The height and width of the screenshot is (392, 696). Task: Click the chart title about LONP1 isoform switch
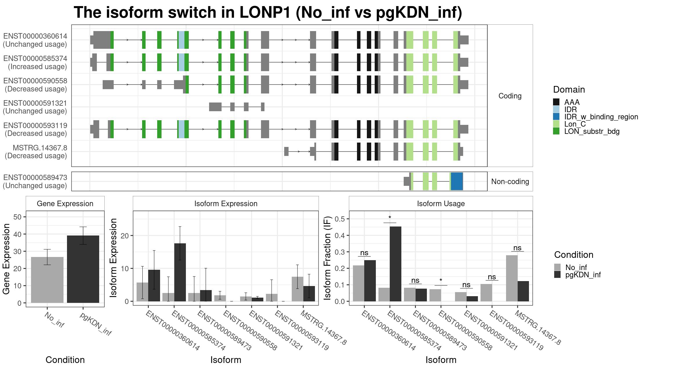tap(268, 13)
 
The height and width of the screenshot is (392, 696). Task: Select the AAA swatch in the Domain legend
tap(556, 102)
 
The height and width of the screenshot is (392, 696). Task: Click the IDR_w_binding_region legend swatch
tap(556, 116)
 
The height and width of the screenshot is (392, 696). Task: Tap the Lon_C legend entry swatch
tap(556, 124)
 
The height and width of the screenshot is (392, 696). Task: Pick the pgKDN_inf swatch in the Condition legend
tap(557, 275)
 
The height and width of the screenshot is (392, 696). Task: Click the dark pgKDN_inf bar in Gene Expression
tap(83, 269)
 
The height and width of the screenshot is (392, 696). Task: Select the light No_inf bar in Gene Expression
tap(47, 280)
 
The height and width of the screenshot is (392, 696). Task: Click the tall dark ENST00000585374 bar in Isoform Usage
tap(396, 264)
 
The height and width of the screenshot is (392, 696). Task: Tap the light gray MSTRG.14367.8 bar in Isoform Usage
tap(512, 278)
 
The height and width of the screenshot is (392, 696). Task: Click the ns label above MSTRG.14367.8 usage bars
tap(517, 248)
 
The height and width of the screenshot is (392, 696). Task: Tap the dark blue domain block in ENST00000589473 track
tap(457, 181)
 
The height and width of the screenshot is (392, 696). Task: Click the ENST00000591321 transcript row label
tap(35, 107)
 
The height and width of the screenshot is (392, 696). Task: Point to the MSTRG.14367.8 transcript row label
tap(36, 152)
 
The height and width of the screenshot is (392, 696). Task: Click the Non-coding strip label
tap(510, 181)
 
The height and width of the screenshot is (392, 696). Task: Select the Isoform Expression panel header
tap(226, 204)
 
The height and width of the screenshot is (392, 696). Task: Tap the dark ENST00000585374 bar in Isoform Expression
tap(180, 272)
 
